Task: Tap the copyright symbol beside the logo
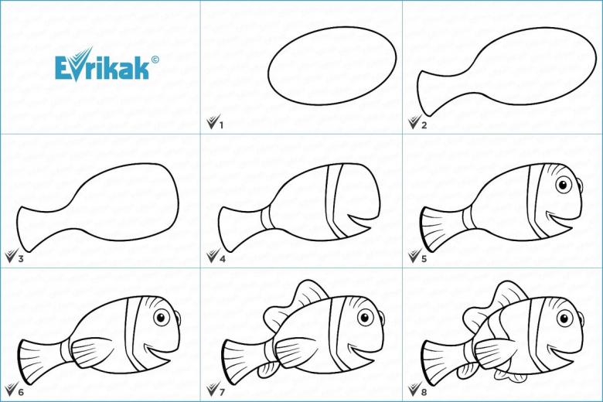pyautogui.click(x=155, y=60)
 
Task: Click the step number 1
pyautogui.click(x=221, y=125)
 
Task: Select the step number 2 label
pyautogui.click(x=424, y=125)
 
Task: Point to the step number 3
pyautogui.click(x=21, y=258)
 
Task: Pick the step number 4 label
pyautogui.click(x=223, y=258)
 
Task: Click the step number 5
pyautogui.click(x=424, y=258)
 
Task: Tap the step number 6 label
pyautogui.click(x=21, y=392)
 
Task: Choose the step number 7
pyautogui.click(x=223, y=392)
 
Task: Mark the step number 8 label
pyautogui.click(x=424, y=392)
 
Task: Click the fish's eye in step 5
pyautogui.click(x=564, y=185)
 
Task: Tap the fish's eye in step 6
pyautogui.click(x=162, y=318)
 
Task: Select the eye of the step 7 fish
pyautogui.click(x=366, y=318)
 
